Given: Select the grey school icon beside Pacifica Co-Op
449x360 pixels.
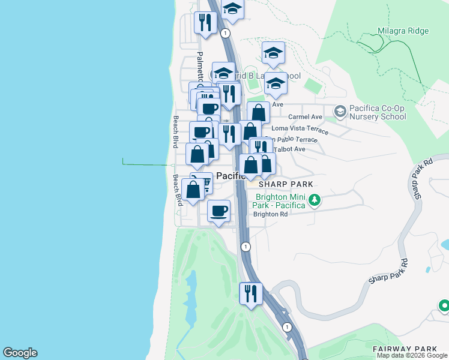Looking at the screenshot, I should pyautogui.click(x=340, y=111).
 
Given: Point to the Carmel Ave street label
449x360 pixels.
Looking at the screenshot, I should pyautogui.click(x=306, y=116).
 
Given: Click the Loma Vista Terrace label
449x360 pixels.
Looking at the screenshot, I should pyautogui.click(x=300, y=128).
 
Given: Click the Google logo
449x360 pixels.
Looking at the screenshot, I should pyautogui.click(x=20, y=353).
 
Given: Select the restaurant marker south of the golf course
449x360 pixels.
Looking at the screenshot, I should pyautogui.click(x=250, y=293).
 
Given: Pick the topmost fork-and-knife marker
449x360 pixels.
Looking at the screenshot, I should pyautogui.click(x=206, y=23).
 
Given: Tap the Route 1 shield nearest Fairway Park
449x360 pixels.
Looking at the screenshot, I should pyautogui.click(x=288, y=327).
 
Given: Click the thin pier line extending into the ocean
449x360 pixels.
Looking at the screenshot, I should pyautogui.click(x=144, y=163).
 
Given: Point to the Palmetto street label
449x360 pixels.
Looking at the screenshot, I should pyautogui.click(x=200, y=63).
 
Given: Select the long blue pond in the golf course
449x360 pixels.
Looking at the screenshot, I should pyautogui.click(x=192, y=300).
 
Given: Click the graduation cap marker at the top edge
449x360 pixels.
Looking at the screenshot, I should pyautogui.click(x=232, y=8).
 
